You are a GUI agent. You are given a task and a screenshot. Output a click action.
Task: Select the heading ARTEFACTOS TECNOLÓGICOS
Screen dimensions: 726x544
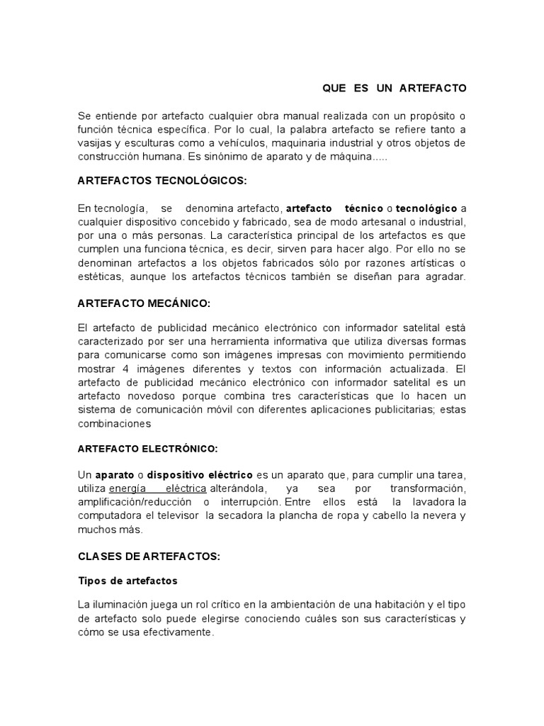(x=161, y=181)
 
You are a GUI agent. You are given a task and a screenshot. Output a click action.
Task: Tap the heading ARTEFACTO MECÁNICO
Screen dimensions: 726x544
(x=144, y=303)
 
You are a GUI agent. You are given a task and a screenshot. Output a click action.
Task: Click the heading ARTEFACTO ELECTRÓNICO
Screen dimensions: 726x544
(x=147, y=449)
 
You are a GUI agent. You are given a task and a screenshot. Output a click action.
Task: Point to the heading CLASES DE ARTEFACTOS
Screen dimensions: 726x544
(x=149, y=557)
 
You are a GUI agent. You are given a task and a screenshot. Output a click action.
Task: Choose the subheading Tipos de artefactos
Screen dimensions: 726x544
(x=127, y=581)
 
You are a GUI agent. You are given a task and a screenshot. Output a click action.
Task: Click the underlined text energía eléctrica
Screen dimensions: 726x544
(x=157, y=489)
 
